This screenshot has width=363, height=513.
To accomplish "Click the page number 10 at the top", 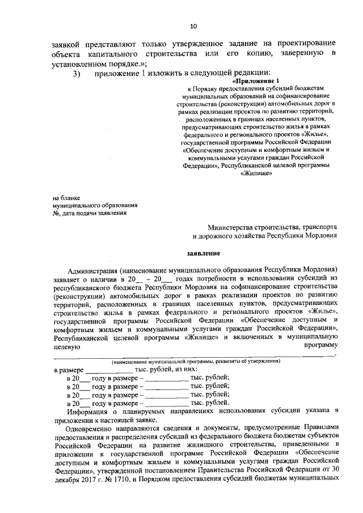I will (193, 26).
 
